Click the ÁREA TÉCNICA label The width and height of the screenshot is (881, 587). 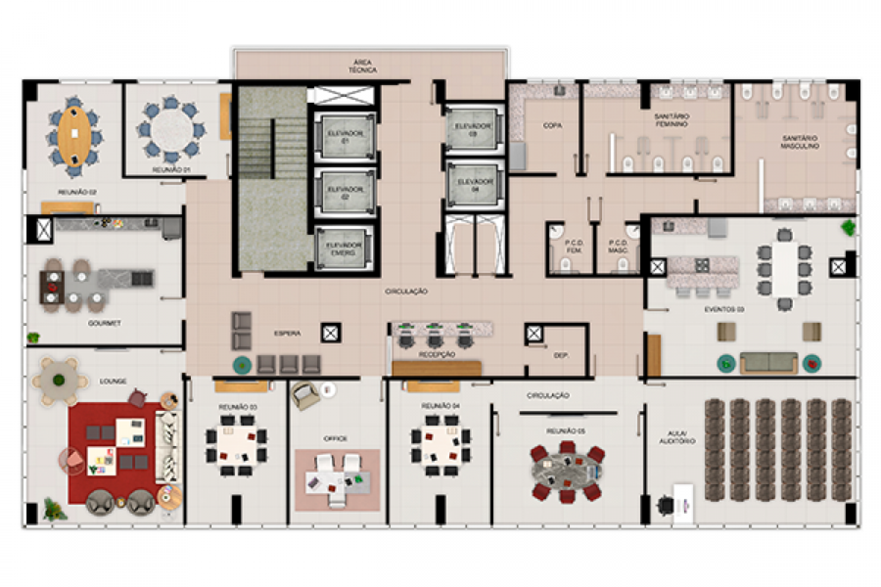tap(363, 66)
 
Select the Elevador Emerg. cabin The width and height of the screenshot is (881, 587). tap(344, 249)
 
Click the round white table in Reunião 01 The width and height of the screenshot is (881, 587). tap(172, 130)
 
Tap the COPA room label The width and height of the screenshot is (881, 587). tap(553, 126)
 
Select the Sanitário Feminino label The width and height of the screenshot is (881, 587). tap(672, 120)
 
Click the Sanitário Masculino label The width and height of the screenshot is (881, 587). tap(799, 142)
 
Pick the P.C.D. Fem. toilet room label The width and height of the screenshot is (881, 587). tap(574, 246)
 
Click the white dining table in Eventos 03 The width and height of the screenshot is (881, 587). tap(785, 268)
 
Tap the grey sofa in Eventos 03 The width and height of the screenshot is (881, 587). tap(769, 362)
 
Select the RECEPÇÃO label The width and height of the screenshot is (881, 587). tap(437, 355)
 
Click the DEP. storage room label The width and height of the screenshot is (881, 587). tap(561, 355)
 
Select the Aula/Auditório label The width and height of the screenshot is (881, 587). tap(677, 438)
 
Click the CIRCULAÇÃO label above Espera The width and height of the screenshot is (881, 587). tap(406, 292)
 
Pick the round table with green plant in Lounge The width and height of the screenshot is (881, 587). tap(59, 380)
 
